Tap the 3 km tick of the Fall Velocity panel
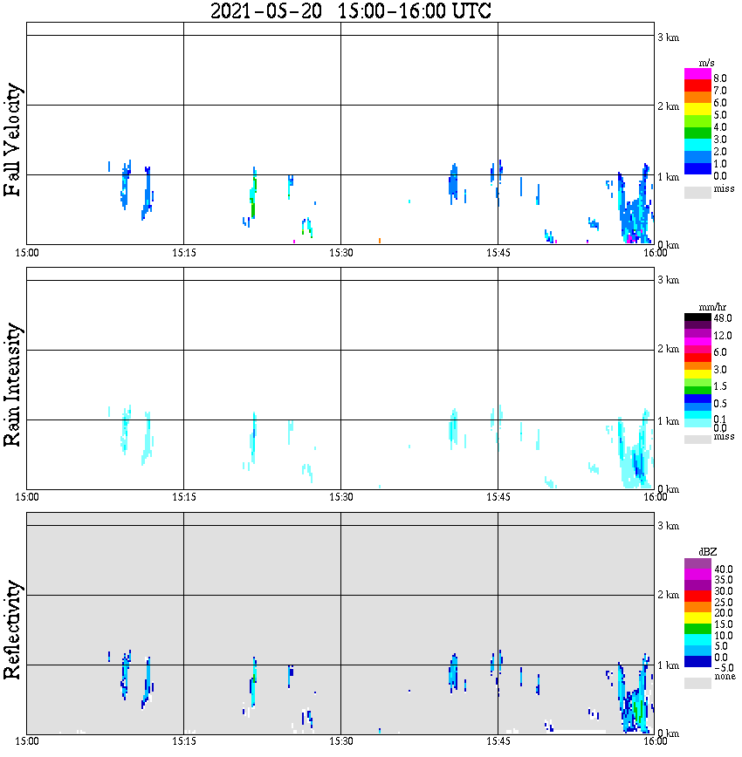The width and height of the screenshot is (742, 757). click(x=668, y=36)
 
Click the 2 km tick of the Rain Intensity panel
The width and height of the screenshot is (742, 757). click(x=668, y=350)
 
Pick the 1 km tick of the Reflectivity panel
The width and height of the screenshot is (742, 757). click(x=668, y=665)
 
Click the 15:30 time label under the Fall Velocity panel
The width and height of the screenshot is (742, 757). click(x=340, y=253)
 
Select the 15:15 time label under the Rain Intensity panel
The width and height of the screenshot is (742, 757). click(x=183, y=497)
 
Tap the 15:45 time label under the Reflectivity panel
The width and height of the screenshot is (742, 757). click(x=498, y=741)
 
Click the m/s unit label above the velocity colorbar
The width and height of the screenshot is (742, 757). click(x=698, y=64)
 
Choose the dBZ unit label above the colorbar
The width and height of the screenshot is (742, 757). click(x=698, y=552)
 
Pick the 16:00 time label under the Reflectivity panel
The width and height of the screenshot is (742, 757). click(x=655, y=741)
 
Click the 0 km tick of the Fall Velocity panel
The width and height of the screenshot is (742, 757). click(x=668, y=245)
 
